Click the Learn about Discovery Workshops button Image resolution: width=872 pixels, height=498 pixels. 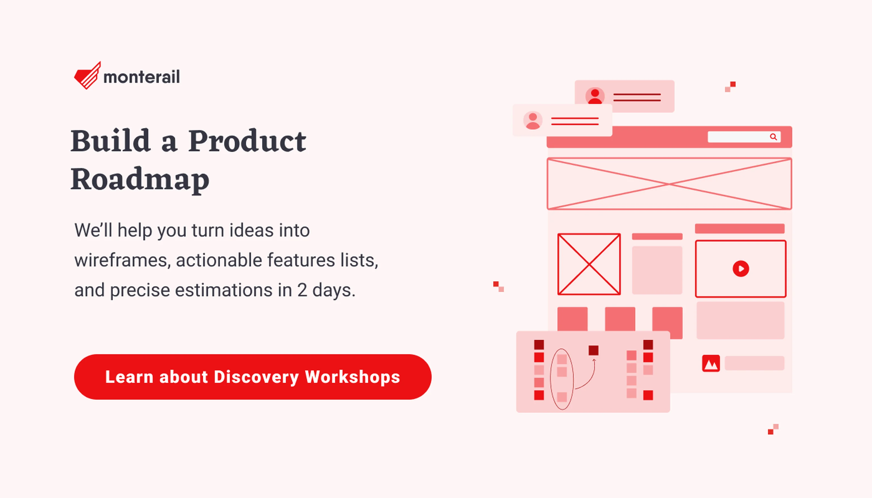252,377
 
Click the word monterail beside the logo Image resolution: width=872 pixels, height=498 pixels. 141,77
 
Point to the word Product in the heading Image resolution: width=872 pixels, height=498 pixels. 247,141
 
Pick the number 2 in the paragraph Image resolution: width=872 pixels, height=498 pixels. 302,290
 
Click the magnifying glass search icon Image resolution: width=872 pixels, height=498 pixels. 773,137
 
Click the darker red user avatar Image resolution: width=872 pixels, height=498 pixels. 595,96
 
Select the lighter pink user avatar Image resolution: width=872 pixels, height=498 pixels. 533,120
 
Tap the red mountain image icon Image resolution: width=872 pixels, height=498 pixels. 711,363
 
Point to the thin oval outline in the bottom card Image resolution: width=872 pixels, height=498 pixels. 550,379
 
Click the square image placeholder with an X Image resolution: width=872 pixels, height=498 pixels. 589,264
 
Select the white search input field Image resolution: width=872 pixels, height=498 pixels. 744,137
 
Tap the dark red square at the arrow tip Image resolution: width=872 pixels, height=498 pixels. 594,350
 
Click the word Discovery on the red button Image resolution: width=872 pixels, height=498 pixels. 256,377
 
